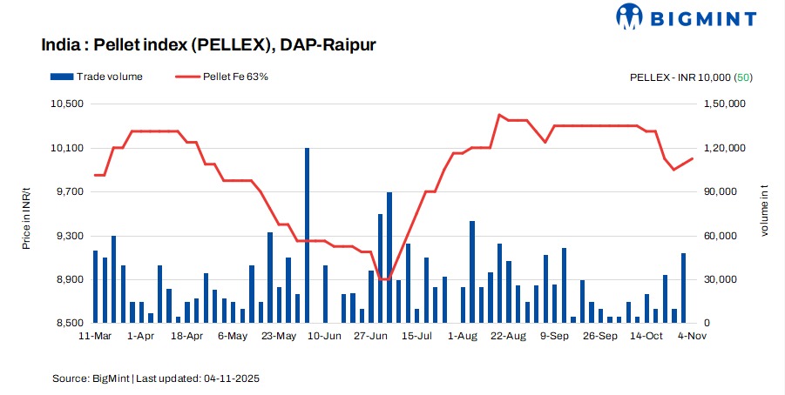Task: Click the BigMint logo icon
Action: [630, 17]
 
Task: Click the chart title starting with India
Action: [208, 44]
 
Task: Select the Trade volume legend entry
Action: [97, 77]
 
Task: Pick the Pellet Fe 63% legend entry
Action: [221, 77]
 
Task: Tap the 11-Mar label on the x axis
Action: [94, 335]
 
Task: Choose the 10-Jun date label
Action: [325, 335]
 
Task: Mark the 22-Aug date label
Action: [510, 335]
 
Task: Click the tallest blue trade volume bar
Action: [307, 235]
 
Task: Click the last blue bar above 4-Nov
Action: [684, 288]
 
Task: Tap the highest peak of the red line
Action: [499, 115]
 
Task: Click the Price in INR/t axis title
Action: [27, 214]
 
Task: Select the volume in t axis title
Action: [765, 214]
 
